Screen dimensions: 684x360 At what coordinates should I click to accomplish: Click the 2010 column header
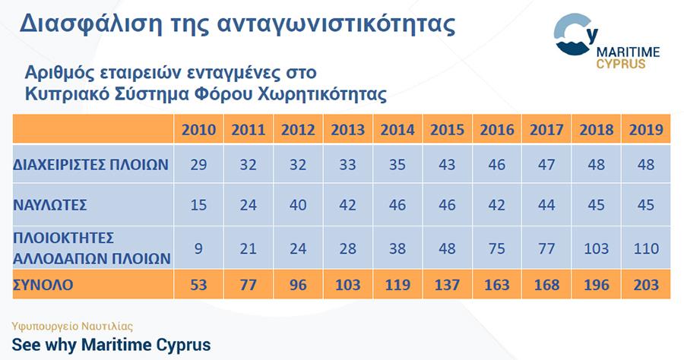point(198,129)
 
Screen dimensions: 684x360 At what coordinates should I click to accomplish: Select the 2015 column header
point(447,129)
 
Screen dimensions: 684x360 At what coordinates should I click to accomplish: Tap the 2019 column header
point(646,129)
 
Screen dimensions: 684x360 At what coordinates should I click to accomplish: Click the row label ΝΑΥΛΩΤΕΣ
point(50,205)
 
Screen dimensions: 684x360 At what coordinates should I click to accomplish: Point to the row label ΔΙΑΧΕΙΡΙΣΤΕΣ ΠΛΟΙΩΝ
point(90,164)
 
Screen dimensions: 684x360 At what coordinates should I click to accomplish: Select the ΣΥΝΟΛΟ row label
point(43,285)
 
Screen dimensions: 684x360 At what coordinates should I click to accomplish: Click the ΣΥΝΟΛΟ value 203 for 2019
point(646,285)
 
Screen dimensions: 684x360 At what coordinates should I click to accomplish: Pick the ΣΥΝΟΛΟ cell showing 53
point(198,285)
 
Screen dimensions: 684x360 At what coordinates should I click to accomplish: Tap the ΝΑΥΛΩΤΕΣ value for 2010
point(198,205)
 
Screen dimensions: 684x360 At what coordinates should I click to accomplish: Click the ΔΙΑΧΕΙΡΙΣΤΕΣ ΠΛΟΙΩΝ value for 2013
point(347,164)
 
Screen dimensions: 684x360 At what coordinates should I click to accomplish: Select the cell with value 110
point(646,248)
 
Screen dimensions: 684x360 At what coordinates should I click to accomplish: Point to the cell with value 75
point(497,248)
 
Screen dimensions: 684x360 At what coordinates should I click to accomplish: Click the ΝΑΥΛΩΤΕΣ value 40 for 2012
point(298,205)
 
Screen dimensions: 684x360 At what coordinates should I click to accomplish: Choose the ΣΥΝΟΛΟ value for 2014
point(397,285)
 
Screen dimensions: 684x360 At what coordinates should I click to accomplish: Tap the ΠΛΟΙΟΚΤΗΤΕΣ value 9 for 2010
point(198,248)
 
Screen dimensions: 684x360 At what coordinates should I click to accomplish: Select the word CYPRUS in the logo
point(621,64)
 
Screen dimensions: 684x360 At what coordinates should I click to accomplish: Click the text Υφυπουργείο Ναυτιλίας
point(72,327)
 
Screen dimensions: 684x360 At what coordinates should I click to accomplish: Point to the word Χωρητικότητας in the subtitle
point(322,93)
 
